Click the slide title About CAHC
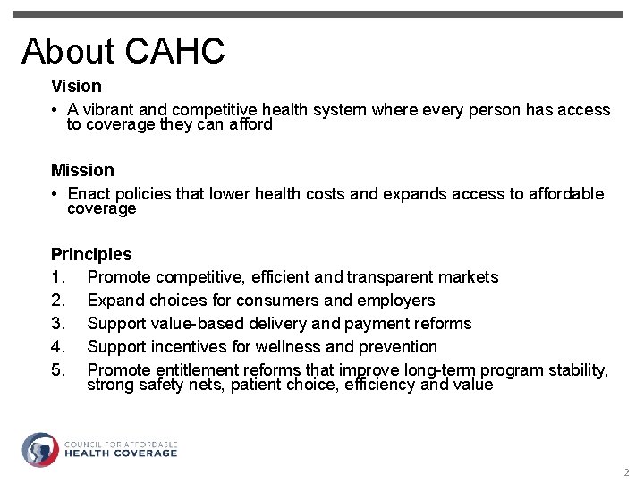(123, 51)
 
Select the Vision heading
(76, 87)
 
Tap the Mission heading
(82, 170)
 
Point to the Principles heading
(91, 254)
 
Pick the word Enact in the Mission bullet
(89, 194)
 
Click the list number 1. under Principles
(57, 277)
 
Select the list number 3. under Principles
(57, 324)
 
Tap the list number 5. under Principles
(57, 370)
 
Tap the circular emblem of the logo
(39, 450)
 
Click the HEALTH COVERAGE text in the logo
(121, 453)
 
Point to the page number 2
(626, 472)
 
